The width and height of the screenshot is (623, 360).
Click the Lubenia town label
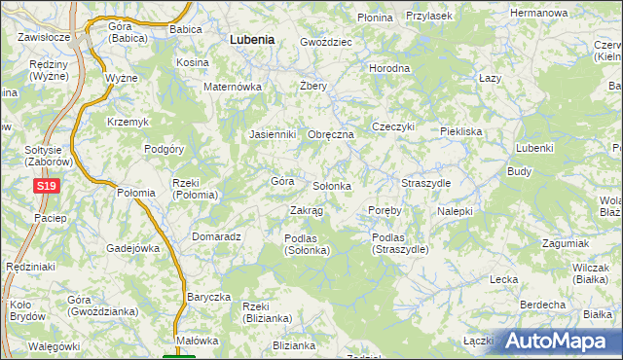tap(251, 40)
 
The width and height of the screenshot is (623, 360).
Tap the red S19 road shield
tap(44, 185)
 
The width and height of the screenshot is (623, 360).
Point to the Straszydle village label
tap(425, 183)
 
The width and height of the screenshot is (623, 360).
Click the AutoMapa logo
tap(562, 341)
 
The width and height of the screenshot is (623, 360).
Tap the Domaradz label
tap(216, 235)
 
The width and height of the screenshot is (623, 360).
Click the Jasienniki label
tap(272, 134)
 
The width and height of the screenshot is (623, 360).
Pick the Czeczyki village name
tap(393, 126)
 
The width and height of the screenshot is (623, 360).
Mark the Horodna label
tap(389, 68)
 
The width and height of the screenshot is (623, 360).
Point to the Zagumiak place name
tap(567, 242)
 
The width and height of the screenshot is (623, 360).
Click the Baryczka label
tap(208, 297)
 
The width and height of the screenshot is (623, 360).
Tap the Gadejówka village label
tap(132, 248)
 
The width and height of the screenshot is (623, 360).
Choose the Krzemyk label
tap(128, 121)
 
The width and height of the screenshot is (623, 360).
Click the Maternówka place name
tap(234, 87)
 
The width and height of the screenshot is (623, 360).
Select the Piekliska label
tap(460, 130)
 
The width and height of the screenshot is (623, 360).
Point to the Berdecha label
tap(543, 305)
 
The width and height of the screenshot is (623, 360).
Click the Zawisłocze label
tap(43, 37)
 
